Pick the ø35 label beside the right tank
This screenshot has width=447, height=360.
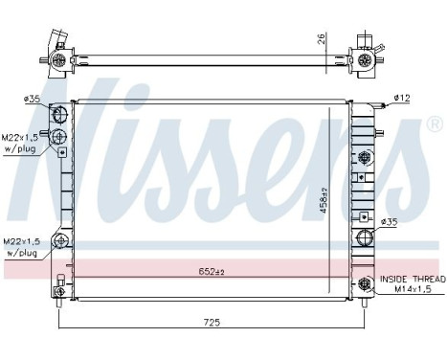coord(389,222)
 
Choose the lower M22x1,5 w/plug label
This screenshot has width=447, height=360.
coord(21,247)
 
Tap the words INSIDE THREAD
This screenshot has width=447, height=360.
coord(411,279)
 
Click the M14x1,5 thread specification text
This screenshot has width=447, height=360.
coord(411,289)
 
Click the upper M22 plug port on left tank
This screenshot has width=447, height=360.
coord(60,136)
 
